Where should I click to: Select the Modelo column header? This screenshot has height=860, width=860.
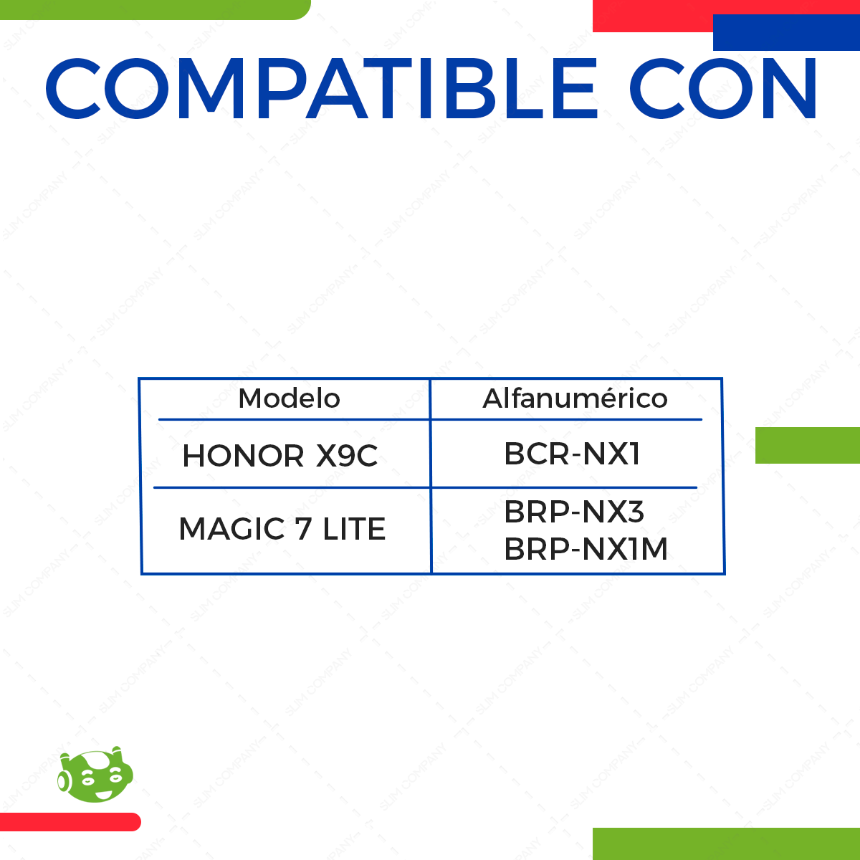(289, 398)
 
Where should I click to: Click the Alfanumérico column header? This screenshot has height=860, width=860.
(575, 398)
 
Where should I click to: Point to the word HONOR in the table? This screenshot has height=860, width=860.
(244, 456)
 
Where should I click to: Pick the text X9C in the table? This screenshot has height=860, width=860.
(347, 456)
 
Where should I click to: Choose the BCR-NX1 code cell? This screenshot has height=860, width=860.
(572, 454)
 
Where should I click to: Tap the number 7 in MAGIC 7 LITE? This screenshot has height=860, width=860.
(304, 530)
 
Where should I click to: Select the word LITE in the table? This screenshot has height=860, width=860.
(354, 530)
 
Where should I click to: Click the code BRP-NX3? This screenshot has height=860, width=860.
(574, 512)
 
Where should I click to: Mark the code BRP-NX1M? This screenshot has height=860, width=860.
(586, 549)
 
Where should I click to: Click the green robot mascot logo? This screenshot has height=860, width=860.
(95, 775)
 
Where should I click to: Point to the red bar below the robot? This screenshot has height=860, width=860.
(70, 822)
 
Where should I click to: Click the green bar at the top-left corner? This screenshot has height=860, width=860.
(154, 9)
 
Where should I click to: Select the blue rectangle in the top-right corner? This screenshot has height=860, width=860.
(786, 33)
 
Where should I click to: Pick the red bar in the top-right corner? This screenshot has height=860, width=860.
(652, 16)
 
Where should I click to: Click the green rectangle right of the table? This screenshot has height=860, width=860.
(808, 445)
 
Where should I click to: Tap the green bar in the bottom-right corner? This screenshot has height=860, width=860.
(726, 844)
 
